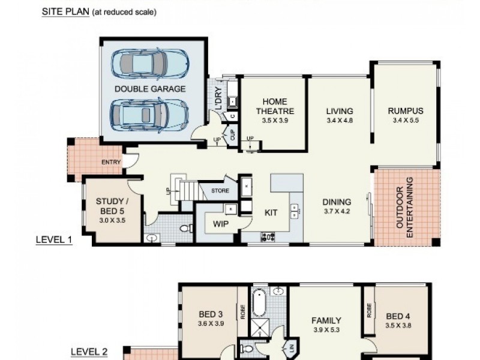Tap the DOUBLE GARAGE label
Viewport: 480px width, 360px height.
tap(150, 89)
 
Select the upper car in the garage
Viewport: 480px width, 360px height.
tap(149, 64)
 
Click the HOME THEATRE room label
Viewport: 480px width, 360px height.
tap(275, 106)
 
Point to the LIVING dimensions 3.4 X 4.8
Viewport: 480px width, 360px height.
tap(340, 121)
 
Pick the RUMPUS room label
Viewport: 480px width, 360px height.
tap(406, 111)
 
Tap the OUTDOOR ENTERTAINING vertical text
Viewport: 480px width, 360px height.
tap(406, 207)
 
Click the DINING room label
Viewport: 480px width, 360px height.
tap(336, 202)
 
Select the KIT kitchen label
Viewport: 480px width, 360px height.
tap(271, 212)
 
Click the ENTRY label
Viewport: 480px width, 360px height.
tap(112, 162)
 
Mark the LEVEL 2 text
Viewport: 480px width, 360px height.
tap(89, 352)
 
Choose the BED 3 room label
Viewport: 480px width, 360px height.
tap(211, 314)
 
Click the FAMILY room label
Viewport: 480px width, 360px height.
tap(326, 320)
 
